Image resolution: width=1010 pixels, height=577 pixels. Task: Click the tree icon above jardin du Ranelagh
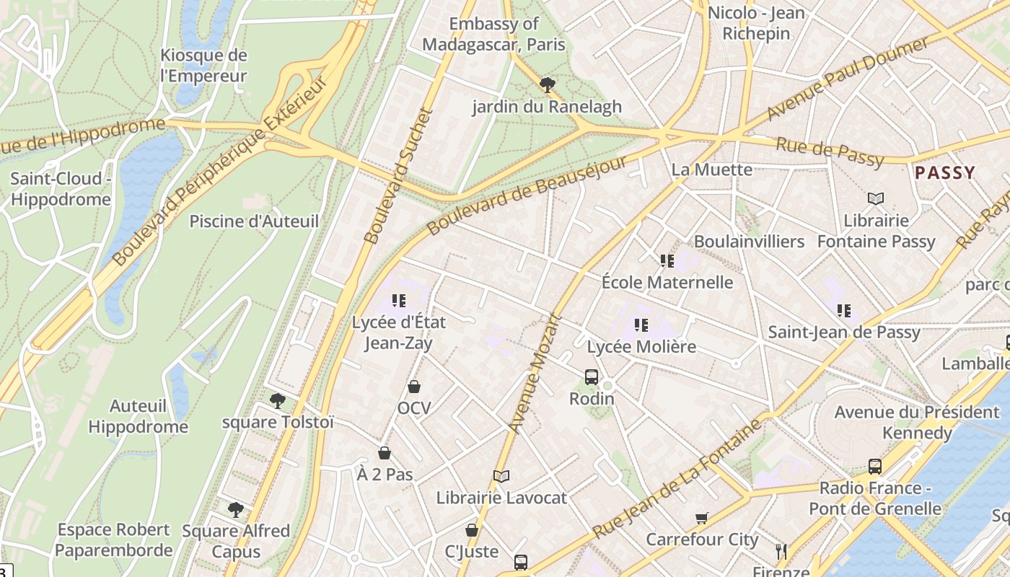(x=548, y=85)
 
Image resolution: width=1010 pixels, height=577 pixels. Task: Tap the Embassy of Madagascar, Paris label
(x=493, y=34)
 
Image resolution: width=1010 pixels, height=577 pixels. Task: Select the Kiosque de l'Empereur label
(x=203, y=66)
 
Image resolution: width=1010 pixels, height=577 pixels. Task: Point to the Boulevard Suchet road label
(x=398, y=176)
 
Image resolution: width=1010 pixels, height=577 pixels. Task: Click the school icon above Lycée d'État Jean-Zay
(x=398, y=301)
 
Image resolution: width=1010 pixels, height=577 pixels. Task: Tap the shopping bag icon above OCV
(x=414, y=387)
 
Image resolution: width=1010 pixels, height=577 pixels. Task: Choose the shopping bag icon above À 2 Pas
(x=385, y=453)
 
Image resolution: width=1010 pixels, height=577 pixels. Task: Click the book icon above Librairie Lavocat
(x=501, y=476)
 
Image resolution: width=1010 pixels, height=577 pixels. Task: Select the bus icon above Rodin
(x=592, y=376)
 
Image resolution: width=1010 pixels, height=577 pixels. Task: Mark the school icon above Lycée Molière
(x=641, y=325)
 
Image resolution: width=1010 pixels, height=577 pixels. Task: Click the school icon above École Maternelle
(x=667, y=261)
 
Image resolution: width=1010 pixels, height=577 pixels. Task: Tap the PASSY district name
(x=944, y=173)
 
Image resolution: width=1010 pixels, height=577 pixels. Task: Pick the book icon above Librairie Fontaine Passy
(x=876, y=198)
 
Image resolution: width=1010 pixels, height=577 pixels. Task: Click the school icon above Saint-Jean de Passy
(x=843, y=311)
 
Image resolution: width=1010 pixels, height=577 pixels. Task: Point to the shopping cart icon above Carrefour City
(x=701, y=518)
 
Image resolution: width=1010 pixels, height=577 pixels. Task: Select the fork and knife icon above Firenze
(x=781, y=552)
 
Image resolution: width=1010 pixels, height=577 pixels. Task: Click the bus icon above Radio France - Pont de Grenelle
(x=875, y=467)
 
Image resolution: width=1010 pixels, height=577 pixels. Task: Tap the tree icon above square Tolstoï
(x=277, y=401)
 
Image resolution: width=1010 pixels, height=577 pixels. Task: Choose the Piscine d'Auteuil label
(x=254, y=221)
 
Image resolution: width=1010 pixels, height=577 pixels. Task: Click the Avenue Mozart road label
(x=535, y=373)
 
